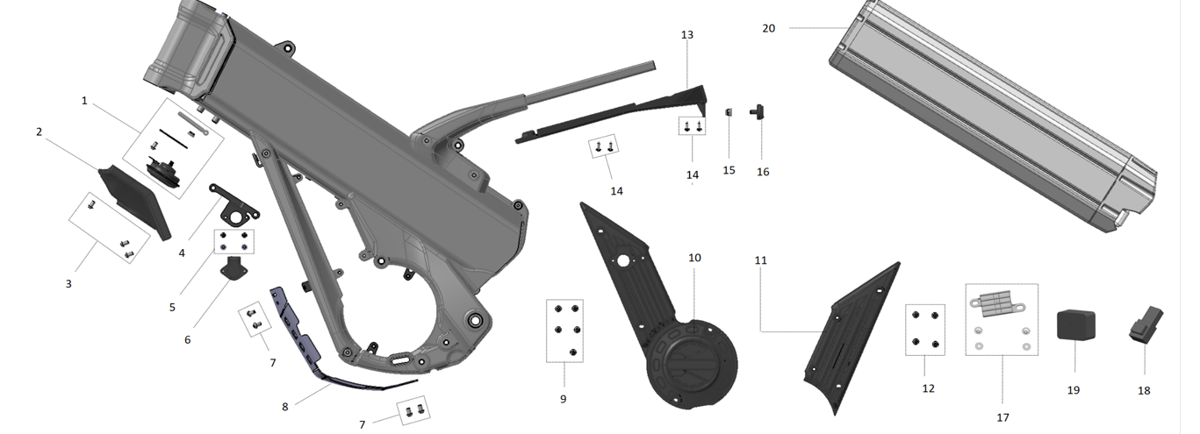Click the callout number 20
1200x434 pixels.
(x=768, y=28)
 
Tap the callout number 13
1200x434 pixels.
(x=686, y=34)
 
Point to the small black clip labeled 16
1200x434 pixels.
(x=758, y=111)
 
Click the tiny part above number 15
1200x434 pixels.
(x=729, y=111)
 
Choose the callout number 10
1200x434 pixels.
(x=694, y=258)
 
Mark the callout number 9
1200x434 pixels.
(x=563, y=399)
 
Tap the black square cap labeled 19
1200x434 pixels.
(x=1073, y=324)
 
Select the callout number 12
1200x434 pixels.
(x=928, y=388)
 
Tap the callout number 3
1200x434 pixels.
(x=68, y=284)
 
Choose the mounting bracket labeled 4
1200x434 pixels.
(x=233, y=203)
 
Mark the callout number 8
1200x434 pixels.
(x=284, y=407)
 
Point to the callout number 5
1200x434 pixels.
(x=172, y=308)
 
